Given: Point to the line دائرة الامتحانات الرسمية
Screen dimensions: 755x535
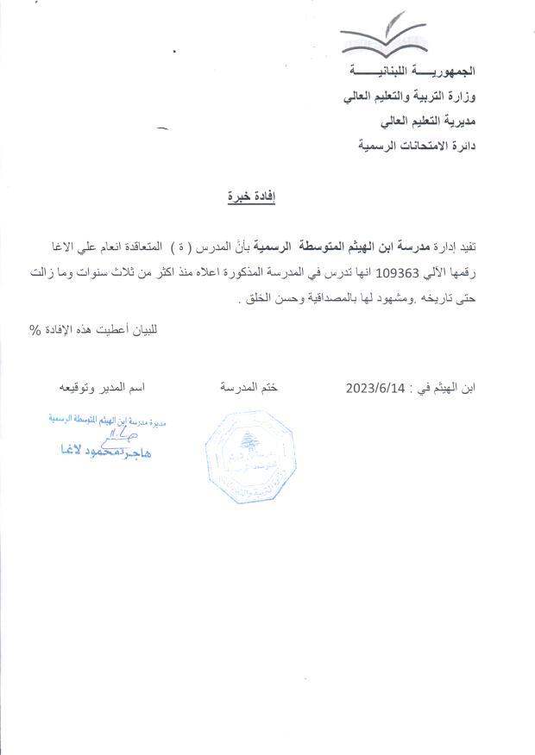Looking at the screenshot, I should [x=418, y=146].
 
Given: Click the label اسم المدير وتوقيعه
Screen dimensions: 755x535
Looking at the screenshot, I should [x=101, y=388].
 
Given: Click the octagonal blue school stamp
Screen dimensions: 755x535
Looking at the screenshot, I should [x=250, y=458].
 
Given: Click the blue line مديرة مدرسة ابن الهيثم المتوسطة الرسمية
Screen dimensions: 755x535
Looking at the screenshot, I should [x=106, y=421].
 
